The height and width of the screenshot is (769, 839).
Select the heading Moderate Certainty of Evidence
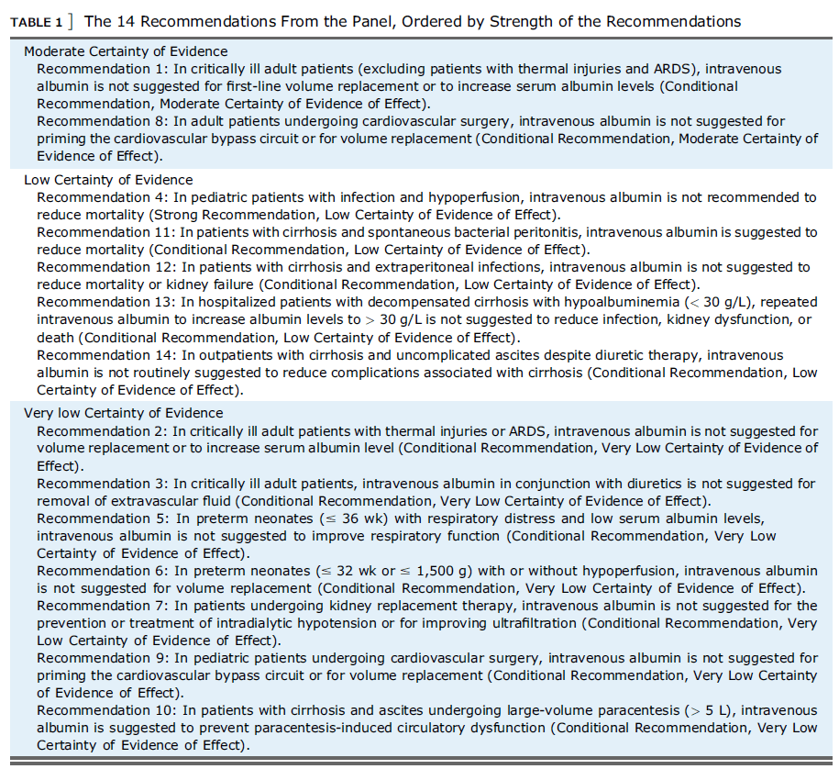pyautogui.click(x=126, y=51)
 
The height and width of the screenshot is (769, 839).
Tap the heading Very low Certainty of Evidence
pyautogui.click(x=123, y=413)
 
